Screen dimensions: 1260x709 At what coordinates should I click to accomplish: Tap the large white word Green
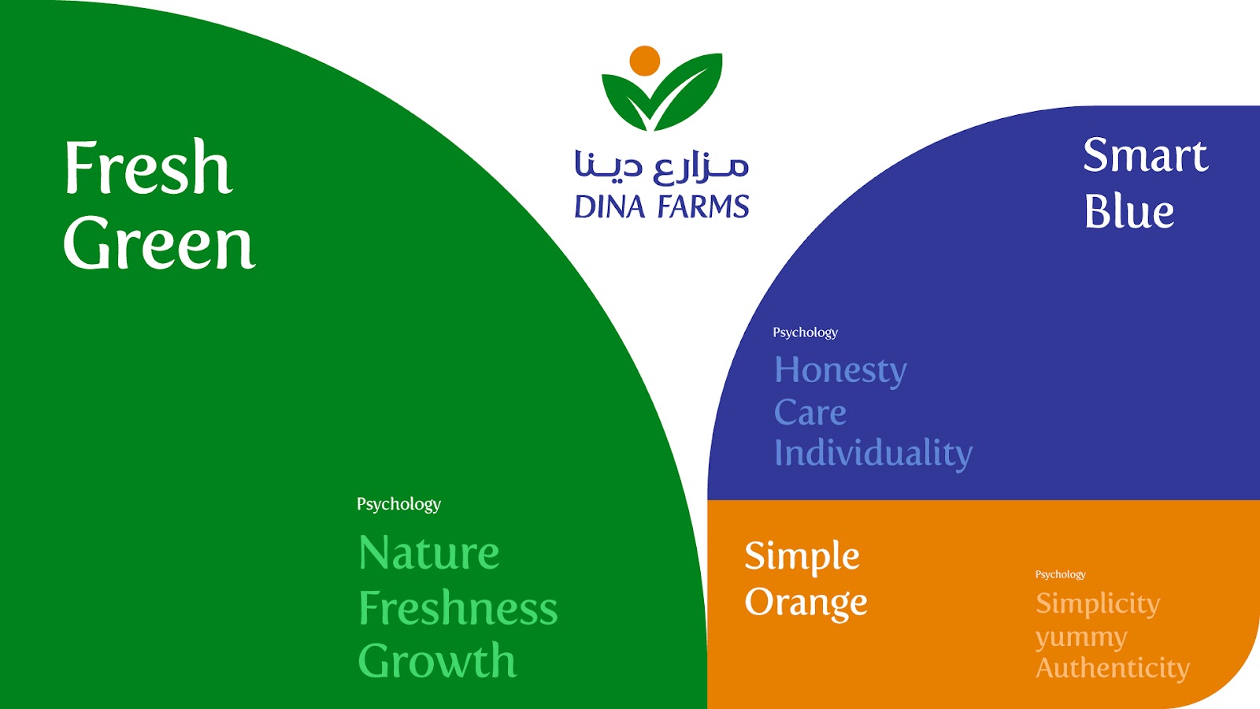(x=159, y=243)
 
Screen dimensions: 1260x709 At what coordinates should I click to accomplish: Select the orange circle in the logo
(x=645, y=61)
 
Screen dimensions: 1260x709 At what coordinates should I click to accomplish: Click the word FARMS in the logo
(x=704, y=206)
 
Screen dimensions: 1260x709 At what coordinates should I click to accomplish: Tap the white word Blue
(x=1129, y=211)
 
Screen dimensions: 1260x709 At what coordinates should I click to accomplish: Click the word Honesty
(x=840, y=371)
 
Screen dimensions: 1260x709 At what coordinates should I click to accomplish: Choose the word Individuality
(x=873, y=454)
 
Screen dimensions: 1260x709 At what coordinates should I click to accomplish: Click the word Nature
(x=429, y=552)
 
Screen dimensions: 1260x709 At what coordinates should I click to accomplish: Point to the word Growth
(x=437, y=660)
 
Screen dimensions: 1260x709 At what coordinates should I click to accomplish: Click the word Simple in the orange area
(x=802, y=556)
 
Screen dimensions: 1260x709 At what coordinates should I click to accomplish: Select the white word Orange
(x=806, y=603)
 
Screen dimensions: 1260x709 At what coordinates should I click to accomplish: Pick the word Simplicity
(x=1098, y=604)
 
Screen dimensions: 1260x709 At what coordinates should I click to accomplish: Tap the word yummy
(x=1081, y=638)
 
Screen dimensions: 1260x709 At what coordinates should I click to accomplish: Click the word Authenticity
(x=1113, y=669)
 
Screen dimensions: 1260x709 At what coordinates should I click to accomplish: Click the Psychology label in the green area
(x=398, y=504)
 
